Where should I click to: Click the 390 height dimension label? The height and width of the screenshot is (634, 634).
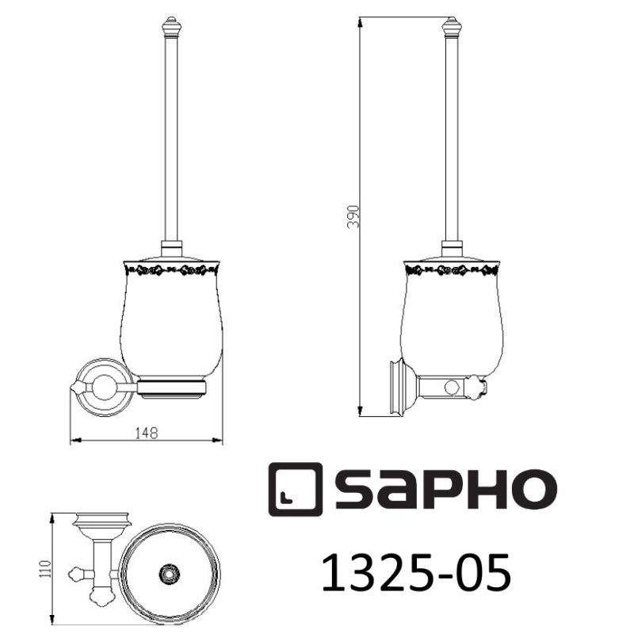tap(354, 216)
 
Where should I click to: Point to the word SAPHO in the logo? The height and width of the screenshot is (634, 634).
tap(444, 490)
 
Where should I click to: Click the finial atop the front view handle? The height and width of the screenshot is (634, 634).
tap(170, 25)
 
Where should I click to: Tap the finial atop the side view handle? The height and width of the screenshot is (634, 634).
tap(452, 26)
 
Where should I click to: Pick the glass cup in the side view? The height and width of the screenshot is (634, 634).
tap(452, 325)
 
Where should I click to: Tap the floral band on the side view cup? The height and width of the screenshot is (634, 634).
tap(452, 271)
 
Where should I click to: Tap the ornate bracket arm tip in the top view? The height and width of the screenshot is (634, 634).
tap(77, 571)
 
